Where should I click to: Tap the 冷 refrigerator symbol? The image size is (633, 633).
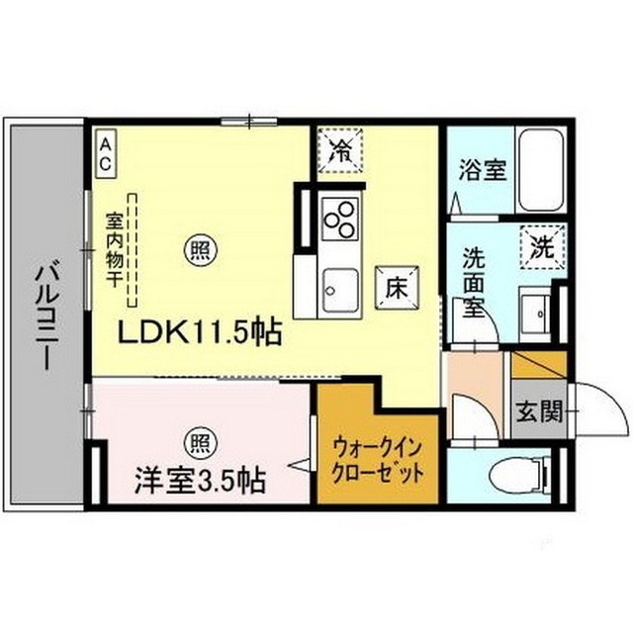(341, 151)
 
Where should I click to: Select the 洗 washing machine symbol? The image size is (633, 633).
(542, 241)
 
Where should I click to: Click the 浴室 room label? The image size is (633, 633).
(482, 169)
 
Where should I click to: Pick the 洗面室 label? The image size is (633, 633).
(477, 282)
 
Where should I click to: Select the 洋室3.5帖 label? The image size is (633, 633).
(199, 483)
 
